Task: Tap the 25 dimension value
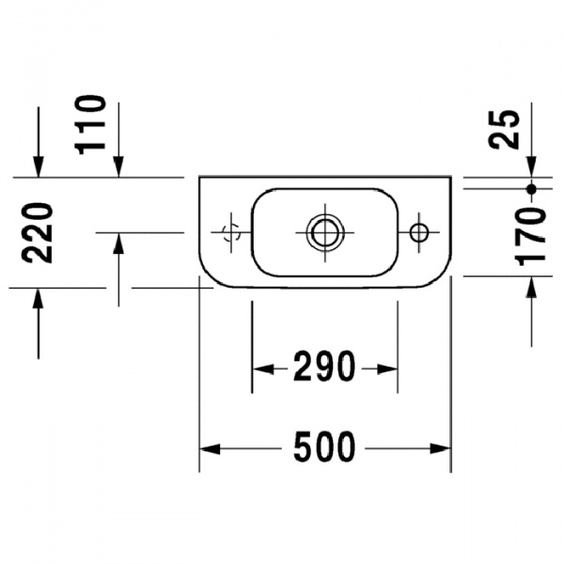coord(505,129)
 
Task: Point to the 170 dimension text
coord(532,236)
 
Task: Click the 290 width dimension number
coord(323,368)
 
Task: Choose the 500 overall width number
coord(324,448)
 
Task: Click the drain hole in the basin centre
coord(324,231)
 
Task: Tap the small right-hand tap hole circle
coord(419,231)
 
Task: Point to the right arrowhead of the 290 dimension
coord(390,368)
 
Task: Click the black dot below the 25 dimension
coord(531,189)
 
